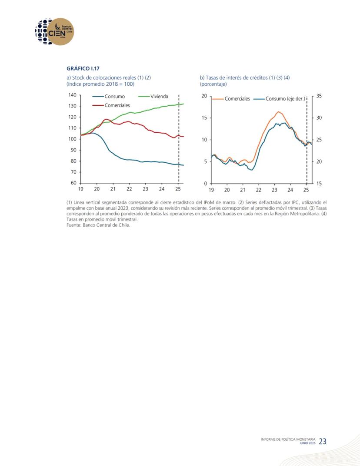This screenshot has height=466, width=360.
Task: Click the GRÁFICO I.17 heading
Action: (x=83, y=68)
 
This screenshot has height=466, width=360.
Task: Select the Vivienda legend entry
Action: (x=153, y=96)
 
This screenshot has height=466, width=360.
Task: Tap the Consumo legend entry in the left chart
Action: (x=108, y=96)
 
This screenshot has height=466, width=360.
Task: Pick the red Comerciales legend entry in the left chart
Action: (x=111, y=105)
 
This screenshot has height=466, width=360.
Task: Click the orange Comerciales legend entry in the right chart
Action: (x=231, y=99)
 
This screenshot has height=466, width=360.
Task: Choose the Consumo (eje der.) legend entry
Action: (x=280, y=99)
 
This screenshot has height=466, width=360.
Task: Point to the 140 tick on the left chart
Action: (x=73, y=95)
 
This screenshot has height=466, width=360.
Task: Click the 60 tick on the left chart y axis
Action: (x=73, y=183)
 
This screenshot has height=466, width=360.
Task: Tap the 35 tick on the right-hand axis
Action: (x=319, y=96)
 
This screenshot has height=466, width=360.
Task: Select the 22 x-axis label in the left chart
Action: (x=129, y=189)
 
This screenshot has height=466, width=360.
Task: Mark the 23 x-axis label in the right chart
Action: (x=274, y=190)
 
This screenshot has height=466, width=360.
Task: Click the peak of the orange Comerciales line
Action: (x=278, y=112)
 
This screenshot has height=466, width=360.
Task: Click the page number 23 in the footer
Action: (x=323, y=441)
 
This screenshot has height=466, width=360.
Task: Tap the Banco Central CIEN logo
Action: (x=54, y=31)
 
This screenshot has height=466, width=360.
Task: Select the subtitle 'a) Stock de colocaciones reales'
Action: (x=101, y=77)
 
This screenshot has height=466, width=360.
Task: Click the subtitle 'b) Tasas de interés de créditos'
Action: (x=234, y=77)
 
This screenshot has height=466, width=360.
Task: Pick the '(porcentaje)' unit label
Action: (x=213, y=84)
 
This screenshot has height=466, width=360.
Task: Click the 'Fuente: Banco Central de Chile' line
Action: (x=98, y=225)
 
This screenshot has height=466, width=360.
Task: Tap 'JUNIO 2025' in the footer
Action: (x=307, y=443)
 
